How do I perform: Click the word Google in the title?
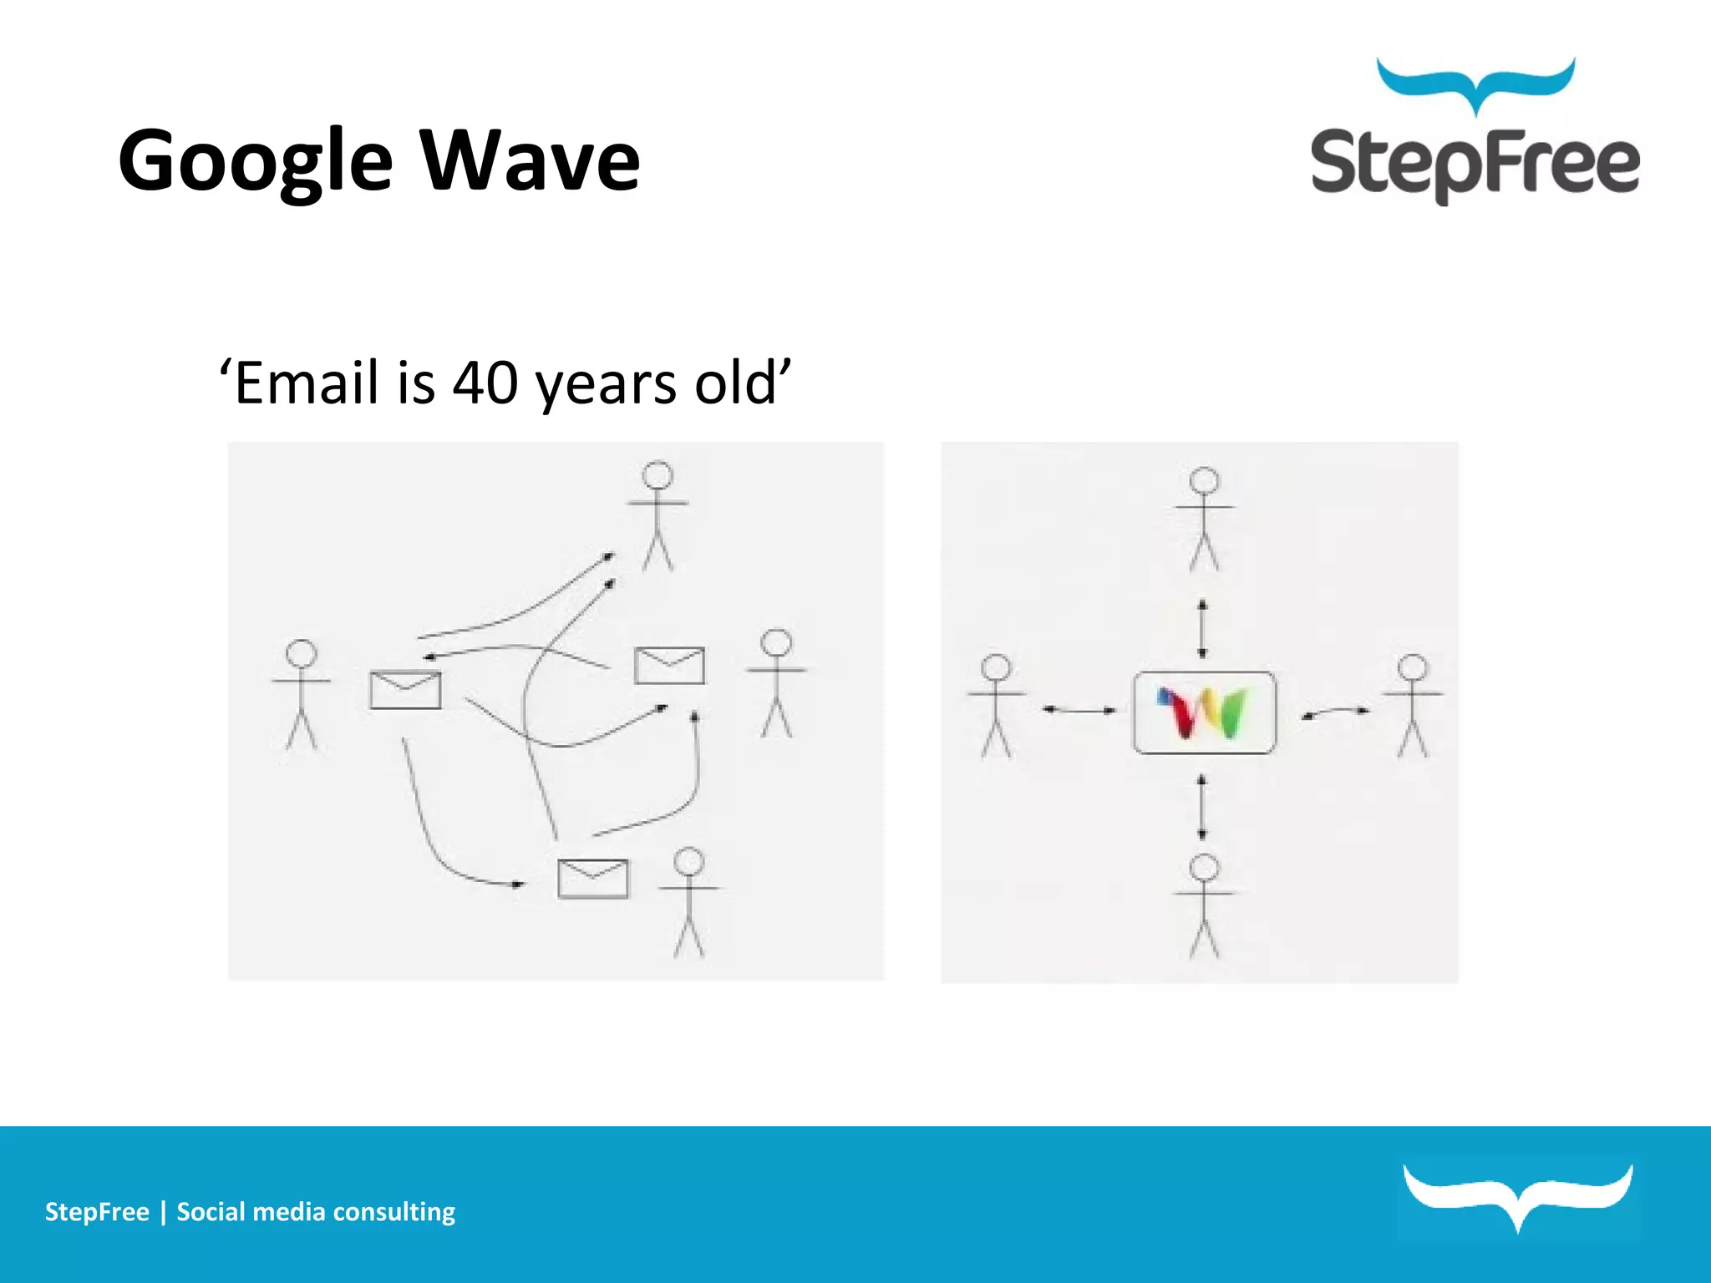pos(255,160)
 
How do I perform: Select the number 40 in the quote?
pos(485,383)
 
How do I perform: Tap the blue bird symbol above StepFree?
pos(1475,84)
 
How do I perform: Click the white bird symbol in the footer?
pos(1517,1195)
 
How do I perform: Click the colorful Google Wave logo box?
pos(1204,712)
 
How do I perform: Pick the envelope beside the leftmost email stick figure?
pos(405,690)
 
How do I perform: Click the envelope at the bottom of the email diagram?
pos(592,879)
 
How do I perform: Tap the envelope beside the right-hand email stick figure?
pos(669,665)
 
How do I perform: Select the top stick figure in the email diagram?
pos(657,515)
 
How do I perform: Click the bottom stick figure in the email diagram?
pos(688,902)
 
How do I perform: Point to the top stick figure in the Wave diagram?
pos(1204,519)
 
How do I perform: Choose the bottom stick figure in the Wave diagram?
pos(1204,905)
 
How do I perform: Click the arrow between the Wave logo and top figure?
pos(1202,628)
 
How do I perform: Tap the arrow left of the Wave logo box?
pos(1079,710)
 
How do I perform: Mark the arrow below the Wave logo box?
pos(1202,806)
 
